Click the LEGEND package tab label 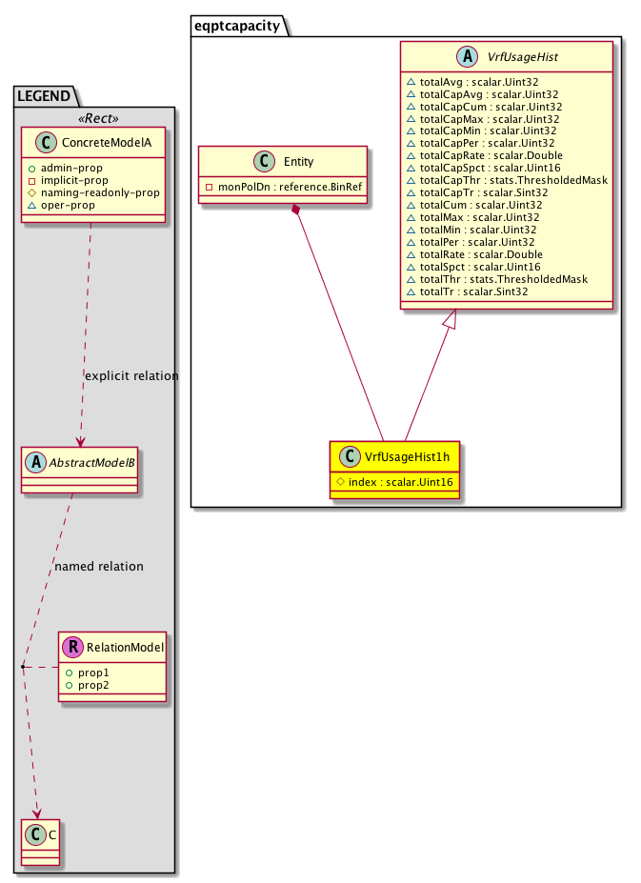[x=45, y=95]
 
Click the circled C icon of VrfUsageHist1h [x=351, y=457]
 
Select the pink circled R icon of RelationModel [x=74, y=649]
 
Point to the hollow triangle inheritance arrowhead [x=451, y=321]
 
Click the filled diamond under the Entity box [x=298, y=209]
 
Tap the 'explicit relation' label [x=130, y=375]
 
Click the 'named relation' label [x=99, y=566]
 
